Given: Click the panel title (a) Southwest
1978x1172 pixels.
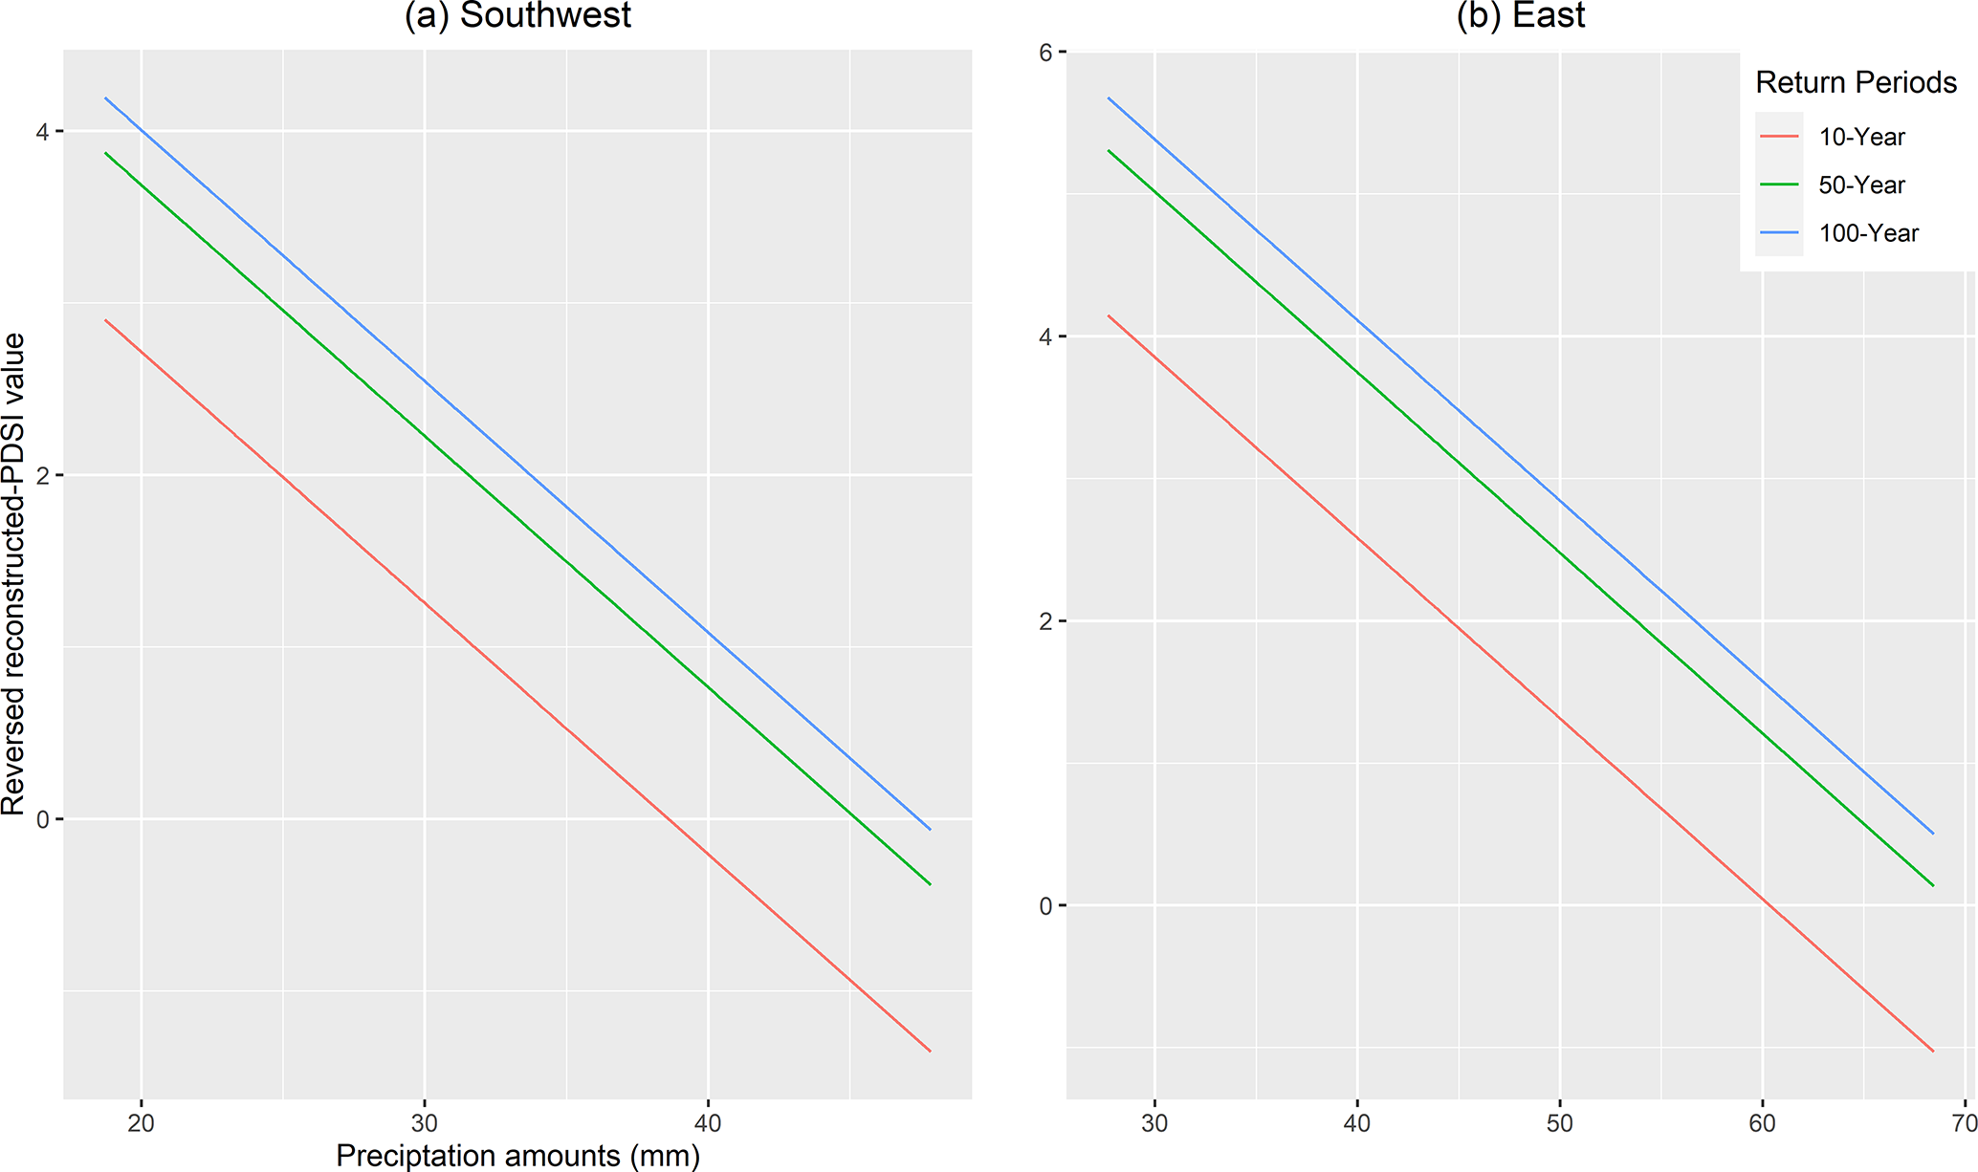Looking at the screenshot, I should coord(517,15).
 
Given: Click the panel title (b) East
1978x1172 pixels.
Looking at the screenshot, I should coord(1520,15).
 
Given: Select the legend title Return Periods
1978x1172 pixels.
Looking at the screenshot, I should coord(1856,83).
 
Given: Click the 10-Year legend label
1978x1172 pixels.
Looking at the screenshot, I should coord(1861,138).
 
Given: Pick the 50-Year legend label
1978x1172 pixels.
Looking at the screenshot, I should coord(1861,185).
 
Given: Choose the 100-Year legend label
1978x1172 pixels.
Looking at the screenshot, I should coord(1868,233).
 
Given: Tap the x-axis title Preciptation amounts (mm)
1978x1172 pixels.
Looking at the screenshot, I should coord(517,1155).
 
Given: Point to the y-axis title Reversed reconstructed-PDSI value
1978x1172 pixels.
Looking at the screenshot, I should coord(13,574).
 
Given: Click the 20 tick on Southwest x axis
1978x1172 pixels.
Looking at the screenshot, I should coord(141,1123).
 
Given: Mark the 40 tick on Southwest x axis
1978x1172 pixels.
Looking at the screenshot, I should coord(708,1123).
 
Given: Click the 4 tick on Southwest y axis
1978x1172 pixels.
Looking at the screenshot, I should coord(42,131).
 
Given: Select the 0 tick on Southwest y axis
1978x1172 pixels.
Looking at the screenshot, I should coord(42,819).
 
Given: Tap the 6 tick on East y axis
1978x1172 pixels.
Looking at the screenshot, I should coord(1045,53).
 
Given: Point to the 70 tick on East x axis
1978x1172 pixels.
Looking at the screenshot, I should coord(1964,1123).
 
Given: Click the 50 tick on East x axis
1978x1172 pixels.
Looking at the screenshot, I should coord(1559,1123).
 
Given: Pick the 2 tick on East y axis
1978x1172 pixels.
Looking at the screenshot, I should coord(1045,621).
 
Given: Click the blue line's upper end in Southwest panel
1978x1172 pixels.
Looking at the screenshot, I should coord(106,98).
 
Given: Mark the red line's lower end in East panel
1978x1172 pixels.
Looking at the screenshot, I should coord(1933,1051).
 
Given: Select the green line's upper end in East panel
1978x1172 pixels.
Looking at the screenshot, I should coord(1109,150).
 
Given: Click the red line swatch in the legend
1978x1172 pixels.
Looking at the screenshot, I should coord(1778,138).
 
